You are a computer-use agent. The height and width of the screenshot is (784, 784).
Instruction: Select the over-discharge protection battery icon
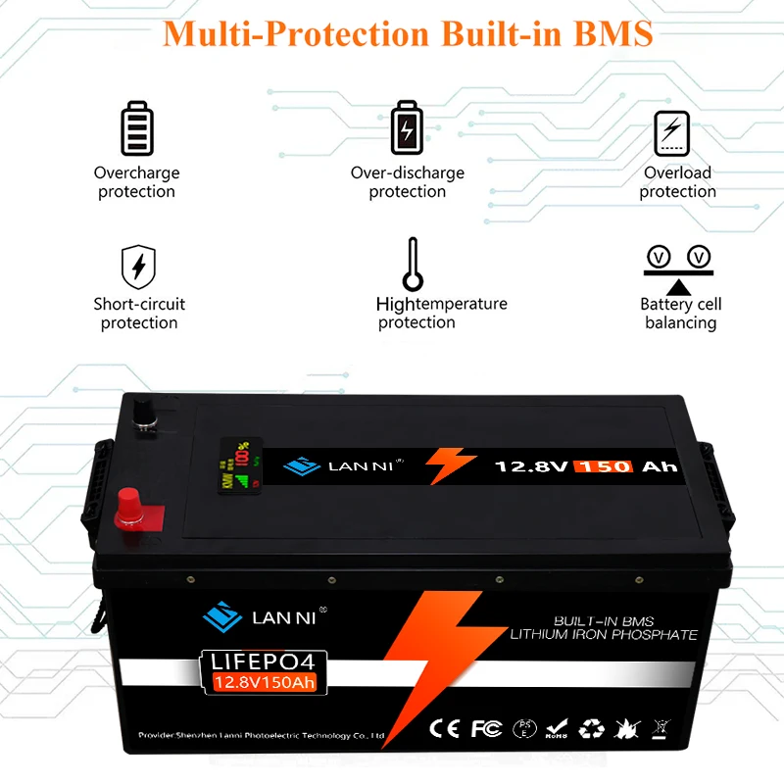(407, 127)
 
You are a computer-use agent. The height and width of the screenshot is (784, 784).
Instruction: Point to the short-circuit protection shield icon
(138, 266)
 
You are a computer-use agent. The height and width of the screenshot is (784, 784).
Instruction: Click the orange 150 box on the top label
(604, 466)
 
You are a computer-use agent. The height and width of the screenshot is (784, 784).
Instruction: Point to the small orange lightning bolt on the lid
(453, 465)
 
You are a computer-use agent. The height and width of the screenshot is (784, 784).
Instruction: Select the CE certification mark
(446, 730)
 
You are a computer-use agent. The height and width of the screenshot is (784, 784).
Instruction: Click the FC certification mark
(487, 730)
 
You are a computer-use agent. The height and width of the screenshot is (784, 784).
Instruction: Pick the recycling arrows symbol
(591, 730)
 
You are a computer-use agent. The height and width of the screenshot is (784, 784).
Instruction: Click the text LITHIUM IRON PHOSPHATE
(604, 635)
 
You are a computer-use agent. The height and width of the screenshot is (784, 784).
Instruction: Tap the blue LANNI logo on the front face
(222, 617)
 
